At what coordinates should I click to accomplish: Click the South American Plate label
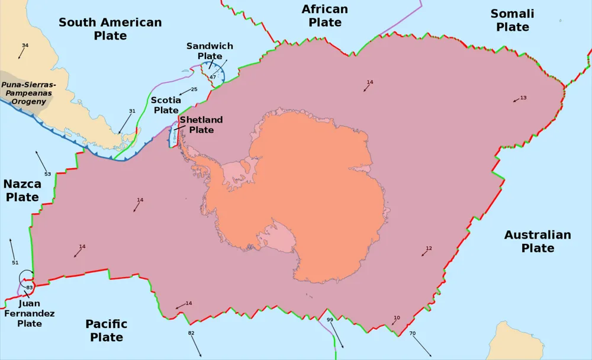click(110, 29)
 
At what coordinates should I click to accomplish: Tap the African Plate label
click(324, 16)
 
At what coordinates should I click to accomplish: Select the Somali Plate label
click(512, 20)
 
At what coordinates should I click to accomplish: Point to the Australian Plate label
click(538, 242)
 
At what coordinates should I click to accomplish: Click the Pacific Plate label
click(107, 330)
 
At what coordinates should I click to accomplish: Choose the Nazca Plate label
click(22, 191)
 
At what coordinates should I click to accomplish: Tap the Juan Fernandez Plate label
click(30, 314)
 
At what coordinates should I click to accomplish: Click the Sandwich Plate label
click(210, 51)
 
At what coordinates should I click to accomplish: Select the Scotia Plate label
click(166, 105)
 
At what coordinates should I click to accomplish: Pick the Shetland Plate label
click(201, 124)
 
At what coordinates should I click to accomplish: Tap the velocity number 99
click(330, 320)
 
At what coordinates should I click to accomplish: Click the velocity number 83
click(29, 287)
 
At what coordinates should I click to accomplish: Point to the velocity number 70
click(412, 333)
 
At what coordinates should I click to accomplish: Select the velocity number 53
click(48, 174)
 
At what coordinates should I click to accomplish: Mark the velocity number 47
click(213, 77)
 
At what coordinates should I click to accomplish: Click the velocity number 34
click(25, 46)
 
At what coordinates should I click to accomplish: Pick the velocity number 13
click(523, 98)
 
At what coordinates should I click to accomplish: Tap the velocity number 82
click(191, 333)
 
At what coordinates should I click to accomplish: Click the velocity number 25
click(194, 89)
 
